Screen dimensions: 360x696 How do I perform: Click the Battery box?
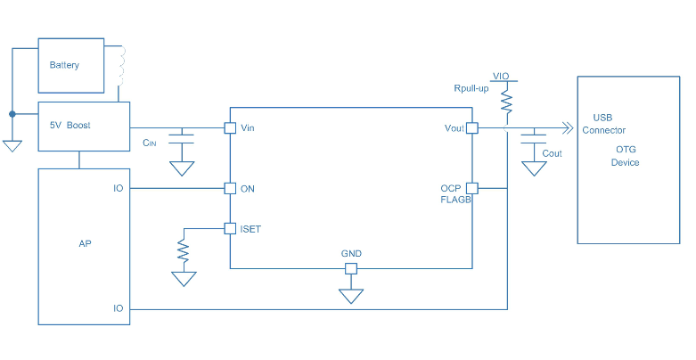pyautogui.click(x=71, y=65)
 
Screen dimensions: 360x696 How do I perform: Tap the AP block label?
pyautogui.click(x=85, y=242)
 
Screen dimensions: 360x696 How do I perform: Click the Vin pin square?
pyautogui.click(x=230, y=128)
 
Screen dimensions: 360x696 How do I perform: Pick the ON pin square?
pyautogui.click(x=230, y=188)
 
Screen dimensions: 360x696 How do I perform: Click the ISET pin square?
pyautogui.click(x=230, y=228)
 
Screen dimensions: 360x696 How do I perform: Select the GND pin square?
pyautogui.click(x=351, y=268)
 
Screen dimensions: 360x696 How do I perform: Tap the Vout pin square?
pyautogui.click(x=472, y=128)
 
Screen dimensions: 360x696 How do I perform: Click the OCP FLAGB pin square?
pyautogui.click(x=472, y=188)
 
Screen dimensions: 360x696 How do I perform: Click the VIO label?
pyautogui.click(x=501, y=77)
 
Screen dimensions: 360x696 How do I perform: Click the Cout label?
pyautogui.click(x=553, y=153)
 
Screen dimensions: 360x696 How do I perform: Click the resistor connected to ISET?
pyautogui.click(x=184, y=251)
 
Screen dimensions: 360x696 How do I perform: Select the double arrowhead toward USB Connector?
pyautogui.click(x=565, y=128)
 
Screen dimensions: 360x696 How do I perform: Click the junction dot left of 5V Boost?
pyautogui.click(x=12, y=114)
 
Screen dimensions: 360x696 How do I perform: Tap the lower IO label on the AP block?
pyautogui.click(x=118, y=308)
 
